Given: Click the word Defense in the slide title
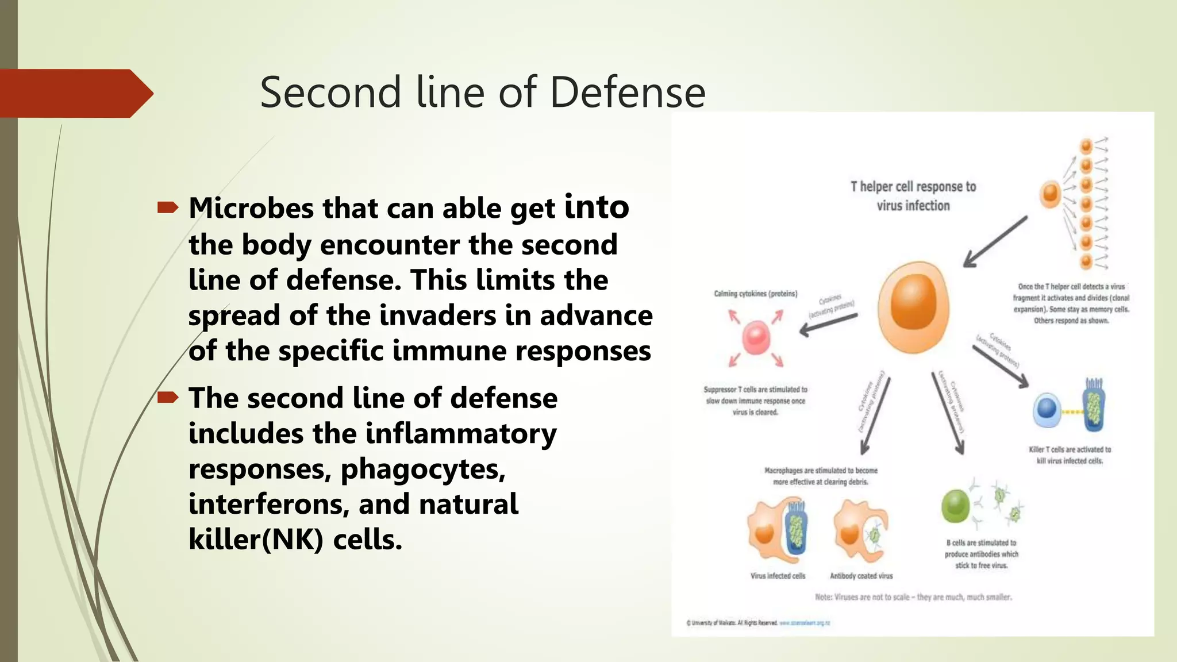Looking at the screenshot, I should [627, 93].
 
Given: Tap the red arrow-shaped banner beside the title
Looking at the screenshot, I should [75, 94].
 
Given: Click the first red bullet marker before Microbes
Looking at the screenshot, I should [168, 207].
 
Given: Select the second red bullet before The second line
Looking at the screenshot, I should [168, 397].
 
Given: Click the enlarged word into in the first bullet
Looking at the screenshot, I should [597, 206].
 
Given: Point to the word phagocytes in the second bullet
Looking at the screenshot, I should [422, 469].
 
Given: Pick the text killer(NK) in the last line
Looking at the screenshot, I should [256, 540].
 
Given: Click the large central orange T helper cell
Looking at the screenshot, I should [913, 307].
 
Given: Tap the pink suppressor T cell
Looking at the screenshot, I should [756, 338].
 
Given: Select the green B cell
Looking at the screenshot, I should [955, 506].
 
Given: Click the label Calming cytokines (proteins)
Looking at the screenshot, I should [755, 294].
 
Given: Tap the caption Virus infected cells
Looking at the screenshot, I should [778, 576].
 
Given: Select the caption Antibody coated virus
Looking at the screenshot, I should [861, 576].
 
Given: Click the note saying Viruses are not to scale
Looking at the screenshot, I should [913, 597].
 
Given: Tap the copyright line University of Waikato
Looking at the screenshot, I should [732, 623].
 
